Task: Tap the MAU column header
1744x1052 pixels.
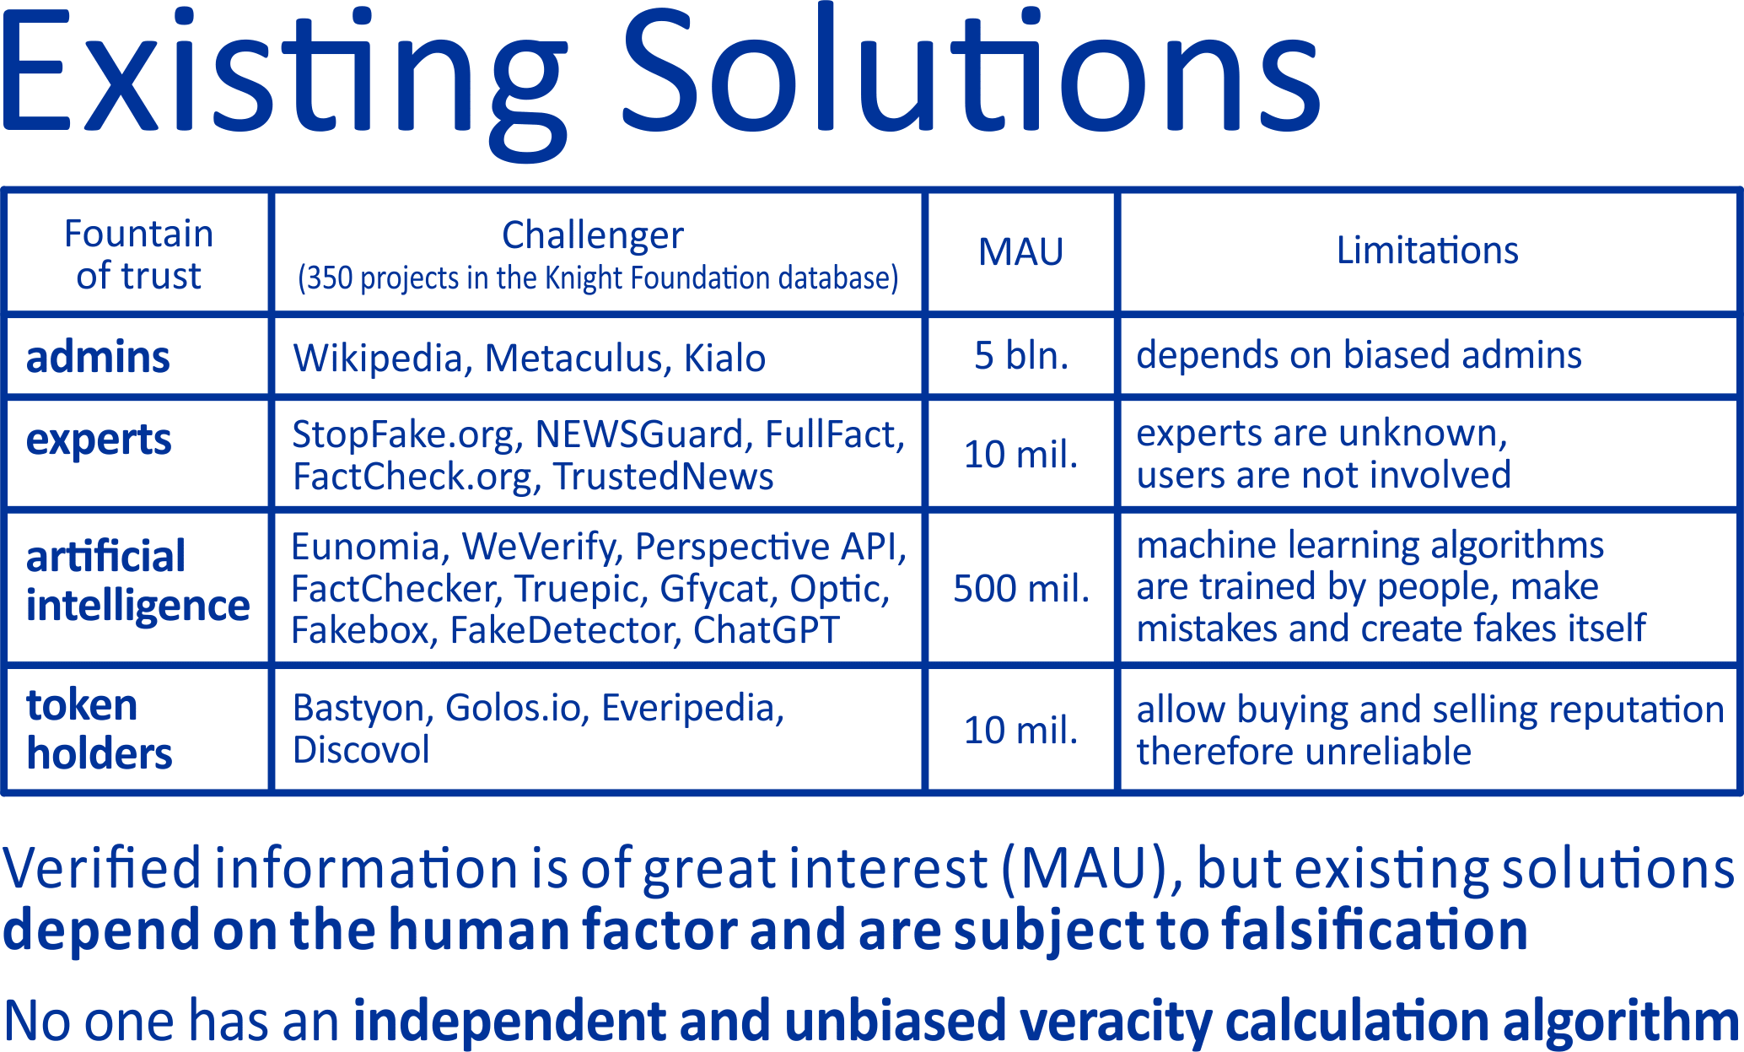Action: [x=1020, y=252]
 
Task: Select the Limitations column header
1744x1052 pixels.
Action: [x=1428, y=251]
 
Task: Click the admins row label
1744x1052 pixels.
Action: [x=98, y=357]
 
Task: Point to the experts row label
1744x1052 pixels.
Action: [x=99, y=440]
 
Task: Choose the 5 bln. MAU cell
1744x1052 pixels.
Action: [x=1021, y=355]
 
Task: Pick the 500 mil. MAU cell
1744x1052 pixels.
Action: [x=1021, y=588]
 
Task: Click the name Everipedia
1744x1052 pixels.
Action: [x=692, y=709]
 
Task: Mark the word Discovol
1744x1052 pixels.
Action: [x=361, y=750]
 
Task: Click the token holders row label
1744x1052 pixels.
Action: [x=99, y=729]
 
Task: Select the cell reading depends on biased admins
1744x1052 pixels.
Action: [x=1359, y=355]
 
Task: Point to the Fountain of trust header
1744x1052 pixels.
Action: [x=138, y=254]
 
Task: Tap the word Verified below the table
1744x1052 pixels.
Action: [x=102, y=868]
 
